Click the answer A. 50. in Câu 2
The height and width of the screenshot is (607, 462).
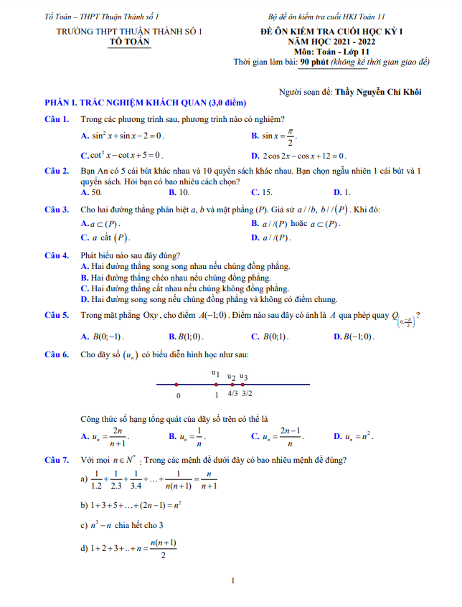(x=91, y=192)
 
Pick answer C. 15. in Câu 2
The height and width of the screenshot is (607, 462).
(x=262, y=192)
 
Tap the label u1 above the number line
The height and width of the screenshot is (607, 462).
(x=215, y=373)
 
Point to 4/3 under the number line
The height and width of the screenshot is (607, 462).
(x=232, y=394)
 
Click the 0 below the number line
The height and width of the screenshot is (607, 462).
(x=178, y=395)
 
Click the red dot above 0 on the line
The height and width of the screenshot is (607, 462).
(x=176, y=385)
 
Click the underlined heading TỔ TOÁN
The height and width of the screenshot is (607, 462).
(x=129, y=42)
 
